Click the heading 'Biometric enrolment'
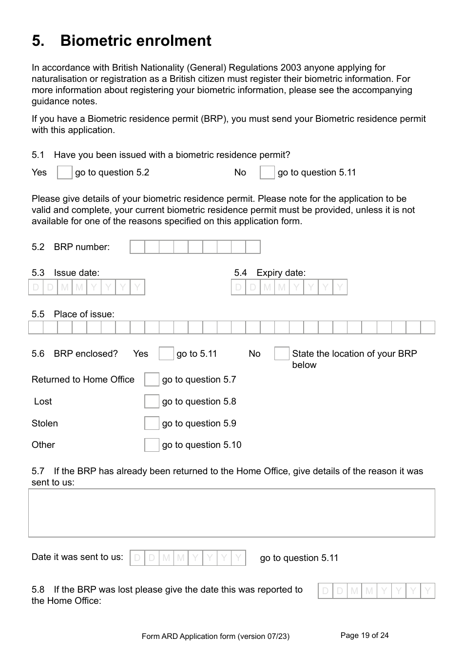coord(135,40)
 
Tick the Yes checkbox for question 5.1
coord(64,173)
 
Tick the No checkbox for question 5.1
coord(267,173)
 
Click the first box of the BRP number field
coord(137,247)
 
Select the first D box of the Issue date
coord(36,288)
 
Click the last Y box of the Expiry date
coord(340,288)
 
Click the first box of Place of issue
coord(36,327)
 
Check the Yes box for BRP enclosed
coord(166,354)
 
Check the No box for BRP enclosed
coord(282,354)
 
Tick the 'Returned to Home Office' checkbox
coord(152,380)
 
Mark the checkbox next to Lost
coord(152,402)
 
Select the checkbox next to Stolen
coord(152,423)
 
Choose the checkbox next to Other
coord(152,445)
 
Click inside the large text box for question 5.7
coord(231,513)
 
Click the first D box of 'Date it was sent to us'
coord(137,558)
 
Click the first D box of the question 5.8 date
coord(326,591)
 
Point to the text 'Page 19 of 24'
coord(365,635)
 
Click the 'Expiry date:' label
coord(281,273)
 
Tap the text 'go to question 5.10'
coord(201,445)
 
